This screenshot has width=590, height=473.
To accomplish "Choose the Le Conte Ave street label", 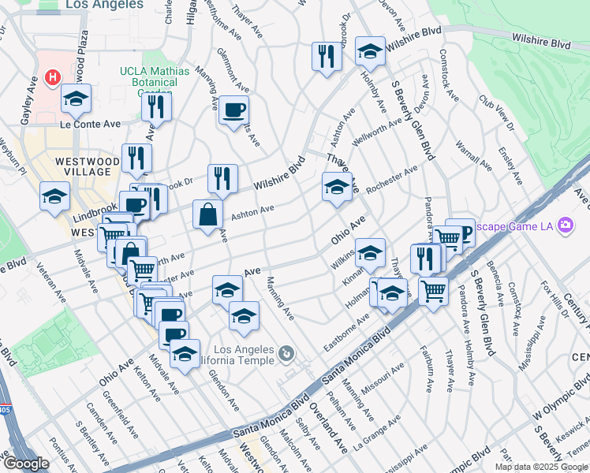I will [x=91, y=124].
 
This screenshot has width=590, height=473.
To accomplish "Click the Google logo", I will [x=25, y=464].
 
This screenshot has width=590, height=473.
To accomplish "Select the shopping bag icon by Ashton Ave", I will [x=207, y=214].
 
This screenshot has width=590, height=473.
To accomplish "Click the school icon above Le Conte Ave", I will [x=77, y=99].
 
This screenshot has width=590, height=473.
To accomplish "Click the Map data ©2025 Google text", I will [x=540, y=467].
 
